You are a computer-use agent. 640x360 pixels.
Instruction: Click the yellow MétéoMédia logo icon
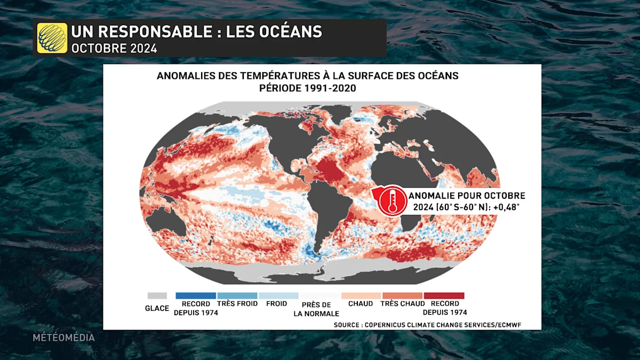point(52,38)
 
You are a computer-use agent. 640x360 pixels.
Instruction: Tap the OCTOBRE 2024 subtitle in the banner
point(114,48)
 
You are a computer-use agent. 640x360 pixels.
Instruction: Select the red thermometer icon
point(392,200)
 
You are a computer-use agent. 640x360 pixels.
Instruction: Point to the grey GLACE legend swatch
point(157,295)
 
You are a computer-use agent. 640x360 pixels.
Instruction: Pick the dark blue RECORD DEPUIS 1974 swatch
point(195,295)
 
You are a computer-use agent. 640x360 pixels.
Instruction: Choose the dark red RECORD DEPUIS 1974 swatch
point(444,295)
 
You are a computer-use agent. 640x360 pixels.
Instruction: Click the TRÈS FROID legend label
point(237,304)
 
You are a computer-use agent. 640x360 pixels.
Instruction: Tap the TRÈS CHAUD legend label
point(403,304)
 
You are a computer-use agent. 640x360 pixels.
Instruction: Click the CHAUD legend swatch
point(361,295)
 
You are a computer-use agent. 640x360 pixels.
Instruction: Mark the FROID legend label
point(276,304)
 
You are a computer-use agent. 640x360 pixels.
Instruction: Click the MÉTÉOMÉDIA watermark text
point(63,338)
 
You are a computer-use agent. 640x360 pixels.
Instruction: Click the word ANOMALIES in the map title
point(185,76)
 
